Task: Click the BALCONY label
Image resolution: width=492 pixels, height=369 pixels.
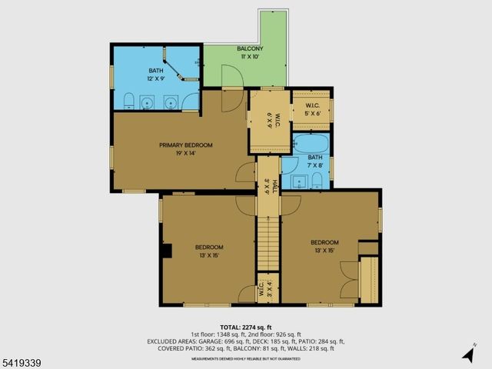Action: pyautogui.click(x=249, y=49)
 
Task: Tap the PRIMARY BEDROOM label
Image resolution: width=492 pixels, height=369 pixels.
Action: pyautogui.click(x=186, y=145)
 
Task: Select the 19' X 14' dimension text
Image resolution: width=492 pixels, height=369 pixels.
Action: pyautogui.click(x=186, y=152)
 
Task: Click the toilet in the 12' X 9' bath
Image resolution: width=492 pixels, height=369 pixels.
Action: pyautogui.click(x=129, y=101)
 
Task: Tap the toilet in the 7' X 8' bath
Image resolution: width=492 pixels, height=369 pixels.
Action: pyautogui.click(x=316, y=181)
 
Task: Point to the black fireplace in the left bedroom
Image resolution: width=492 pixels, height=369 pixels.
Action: pyautogui.click(x=166, y=250)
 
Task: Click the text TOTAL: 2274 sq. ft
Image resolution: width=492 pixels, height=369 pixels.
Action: pyautogui.click(x=246, y=327)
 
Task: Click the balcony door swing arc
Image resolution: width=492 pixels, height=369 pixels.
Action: pyautogui.click(x=232, y=77)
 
